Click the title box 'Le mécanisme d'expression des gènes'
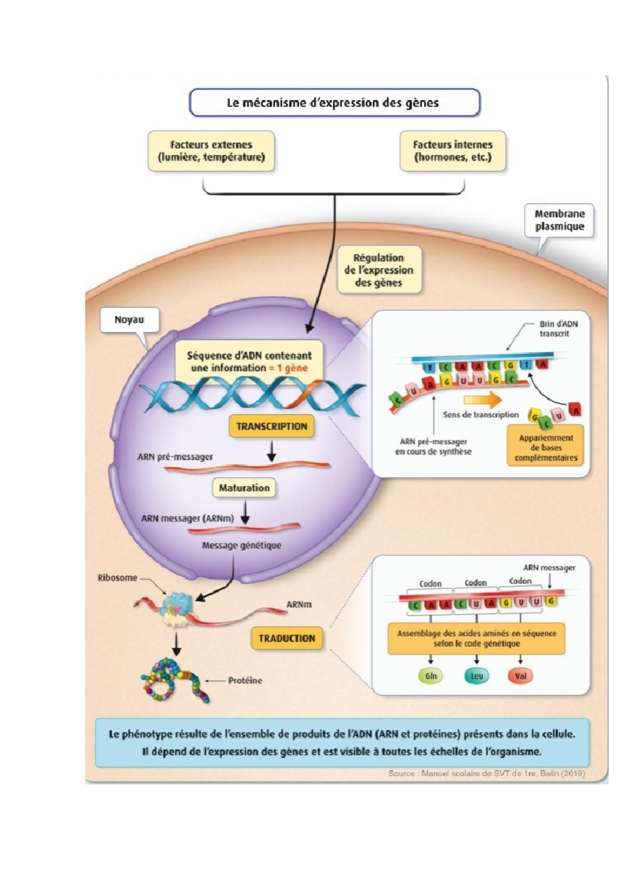(334, 103)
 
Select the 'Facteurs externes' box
(211, 151)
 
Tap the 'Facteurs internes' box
(452, 151)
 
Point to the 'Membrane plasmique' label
(559, 220)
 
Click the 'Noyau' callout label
(129, 320)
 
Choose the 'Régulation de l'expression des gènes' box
(378, 270)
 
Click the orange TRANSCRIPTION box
(272, 427)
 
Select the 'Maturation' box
(244, 488)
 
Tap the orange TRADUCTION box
(287, 638)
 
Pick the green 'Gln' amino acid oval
(431, 676)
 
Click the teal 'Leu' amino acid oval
(477, 676)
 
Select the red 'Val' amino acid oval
(520, 676)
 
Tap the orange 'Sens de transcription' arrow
(482, 400)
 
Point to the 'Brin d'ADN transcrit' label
(558, 328)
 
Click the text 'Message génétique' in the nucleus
(241, 545)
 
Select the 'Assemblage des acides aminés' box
(476, 638)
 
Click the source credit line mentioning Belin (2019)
(486, 773)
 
